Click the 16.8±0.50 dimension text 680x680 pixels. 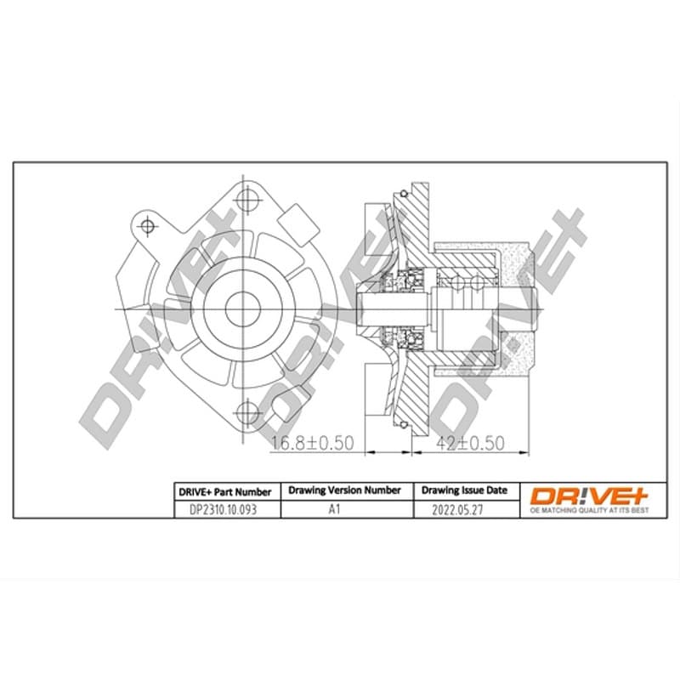312,443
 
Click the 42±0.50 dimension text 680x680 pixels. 470,443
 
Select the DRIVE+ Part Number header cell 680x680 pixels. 225,492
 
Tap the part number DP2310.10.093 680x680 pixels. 223,509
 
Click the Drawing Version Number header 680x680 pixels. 345,490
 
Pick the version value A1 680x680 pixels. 334,509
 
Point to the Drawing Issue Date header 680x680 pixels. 464,490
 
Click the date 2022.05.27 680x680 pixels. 457,509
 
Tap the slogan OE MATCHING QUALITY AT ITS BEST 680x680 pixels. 590,511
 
